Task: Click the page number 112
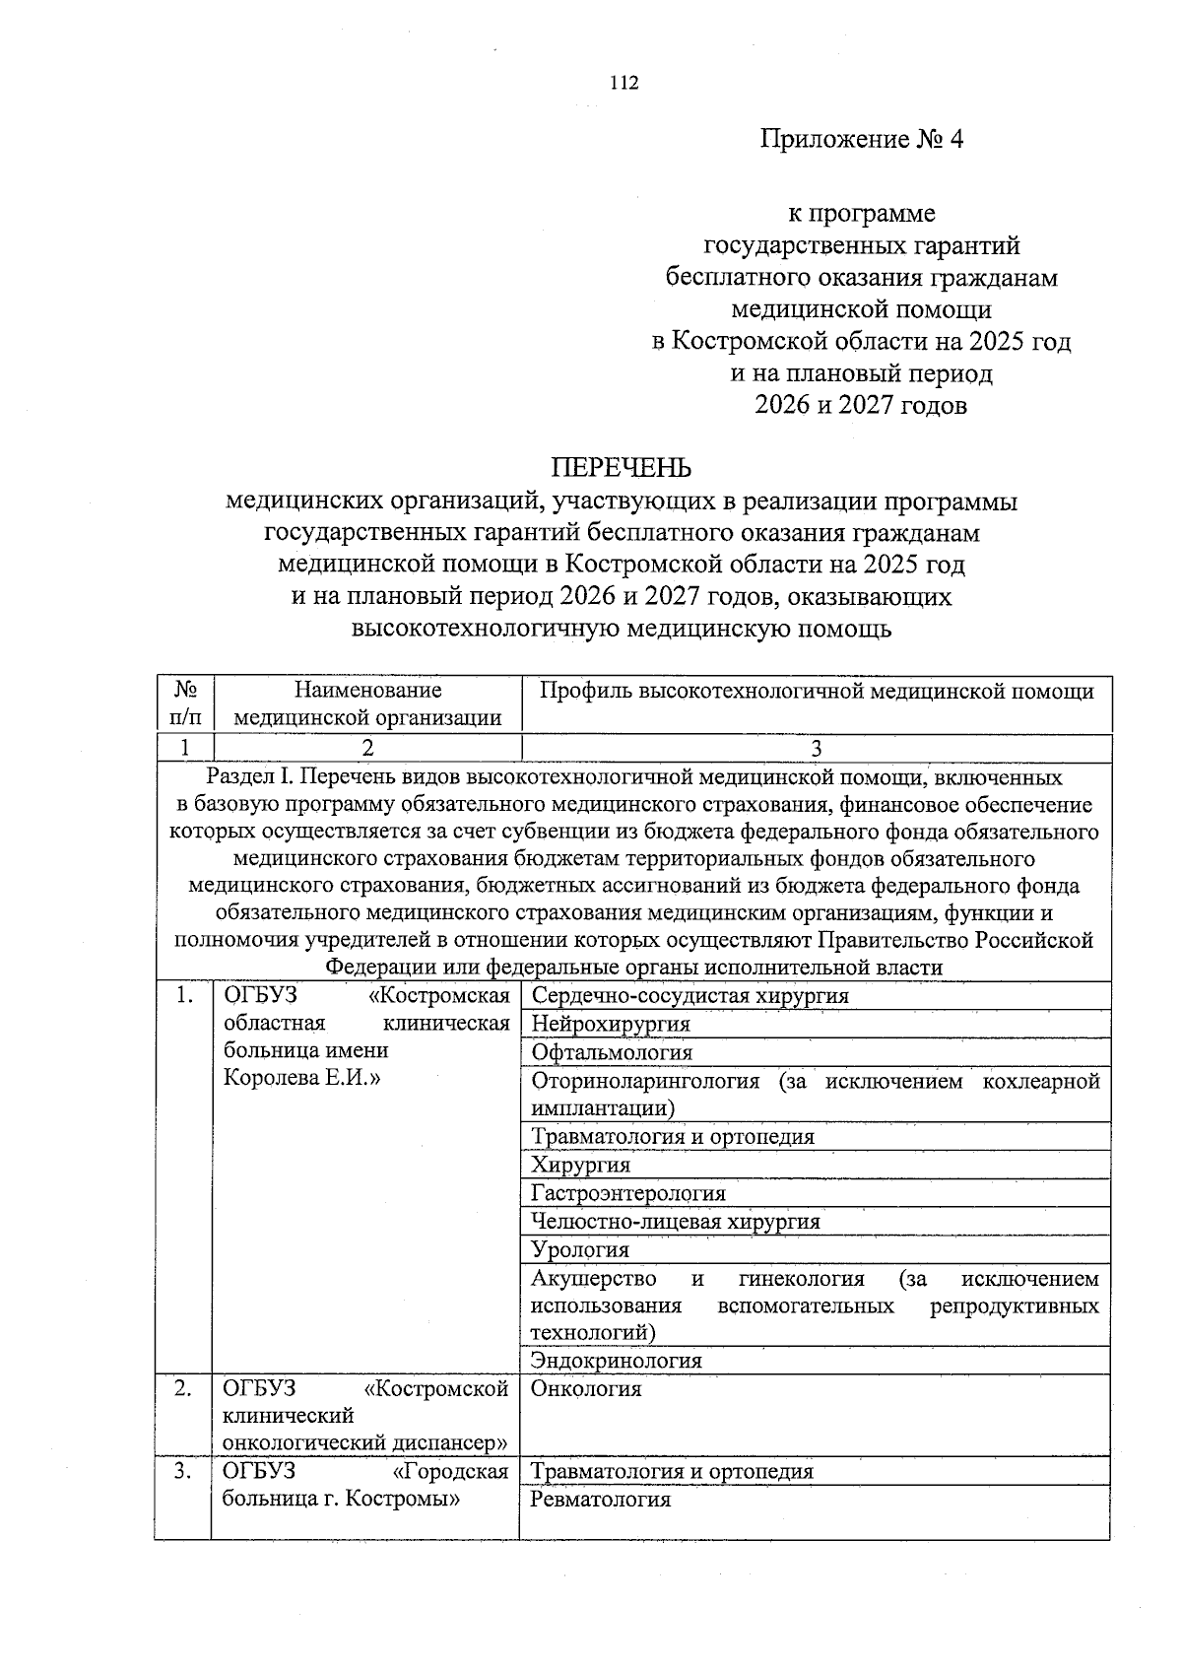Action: pos(625,83)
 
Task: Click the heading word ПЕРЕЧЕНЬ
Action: pos(621,467)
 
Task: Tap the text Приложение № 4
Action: pos(861,139)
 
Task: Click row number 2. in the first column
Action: pos(183,1389)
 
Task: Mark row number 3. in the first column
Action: pos(183,1472)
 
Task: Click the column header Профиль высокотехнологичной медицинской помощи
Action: pos(817,692)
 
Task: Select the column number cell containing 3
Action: pos(816,748)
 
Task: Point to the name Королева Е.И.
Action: pos(302,1077)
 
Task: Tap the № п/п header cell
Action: pos(184,704)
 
